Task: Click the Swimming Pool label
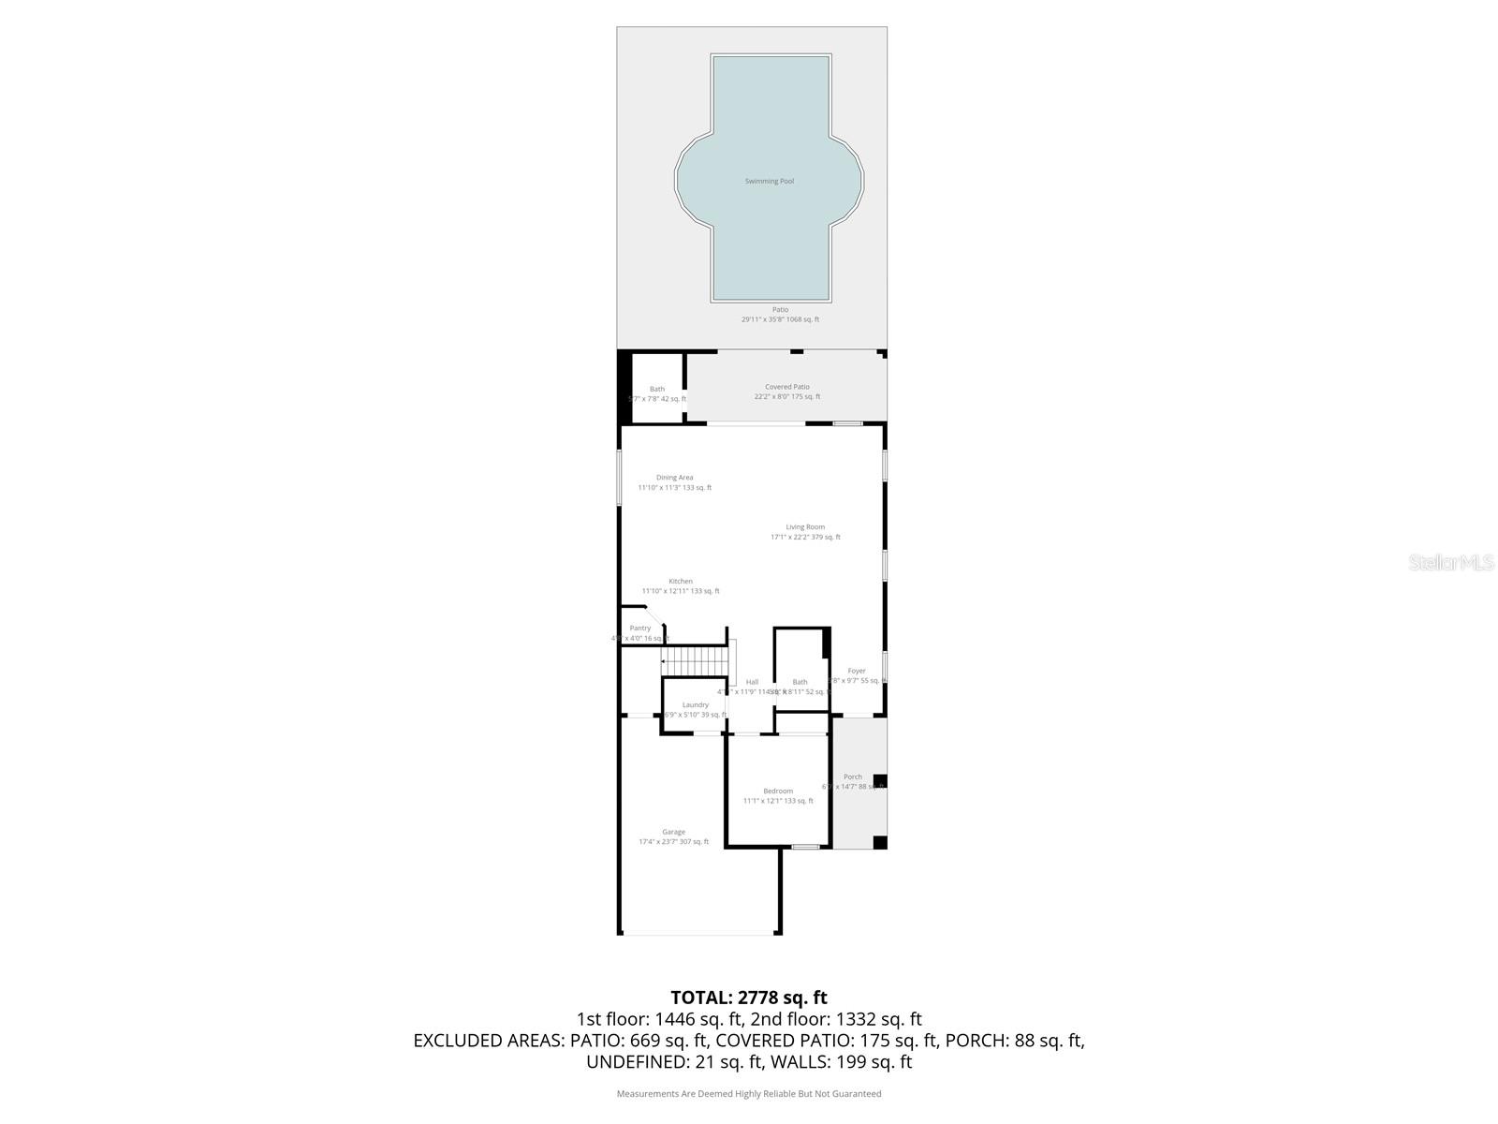tap(769, 181)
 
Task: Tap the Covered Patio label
tap(786, 387)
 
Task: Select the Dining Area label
tap(674, 478)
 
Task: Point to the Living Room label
tap(805, 527)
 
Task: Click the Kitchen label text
tap(681, 582)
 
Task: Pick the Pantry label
tap(640, 629)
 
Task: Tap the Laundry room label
tap(695, 705)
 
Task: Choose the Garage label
tap(673, 832)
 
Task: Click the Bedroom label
tap(777, 791)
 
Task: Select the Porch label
tap(852, 776)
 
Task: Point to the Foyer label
tap(857, 671)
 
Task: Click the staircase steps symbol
tap(695, 660)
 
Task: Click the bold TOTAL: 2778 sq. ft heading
tap(749, 998)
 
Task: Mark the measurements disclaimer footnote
tap(749, 1093)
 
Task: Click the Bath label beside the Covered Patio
tap(657, 389)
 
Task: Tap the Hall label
tap(752, 682)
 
